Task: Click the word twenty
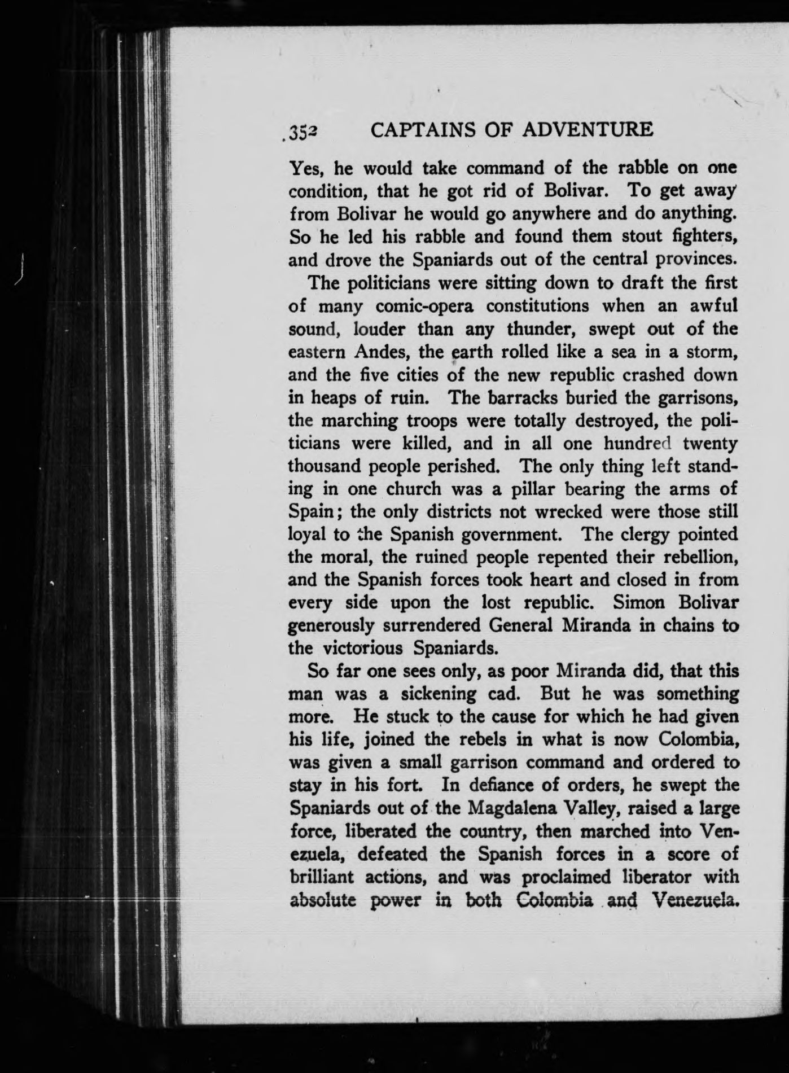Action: pyautogui.click(x=709, y=444)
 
